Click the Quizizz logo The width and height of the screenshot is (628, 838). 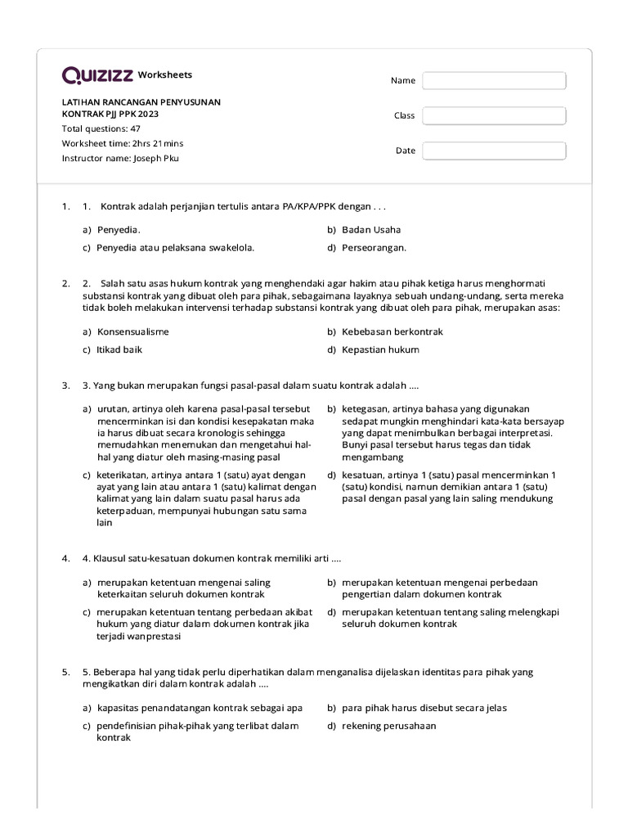97,75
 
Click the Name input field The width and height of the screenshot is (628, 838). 494,80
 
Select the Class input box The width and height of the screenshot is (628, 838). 494,115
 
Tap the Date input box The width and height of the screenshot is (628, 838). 494,151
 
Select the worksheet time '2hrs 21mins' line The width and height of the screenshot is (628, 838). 123,143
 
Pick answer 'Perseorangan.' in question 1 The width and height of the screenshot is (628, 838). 374,247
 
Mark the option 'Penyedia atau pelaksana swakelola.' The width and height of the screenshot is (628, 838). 176,247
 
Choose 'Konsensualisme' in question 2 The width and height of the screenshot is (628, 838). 133,331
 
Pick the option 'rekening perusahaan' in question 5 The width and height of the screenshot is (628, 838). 389,725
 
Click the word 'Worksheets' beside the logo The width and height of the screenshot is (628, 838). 165,74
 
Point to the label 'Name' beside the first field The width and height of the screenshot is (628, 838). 403,80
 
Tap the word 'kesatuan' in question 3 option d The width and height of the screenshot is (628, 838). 362,475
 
